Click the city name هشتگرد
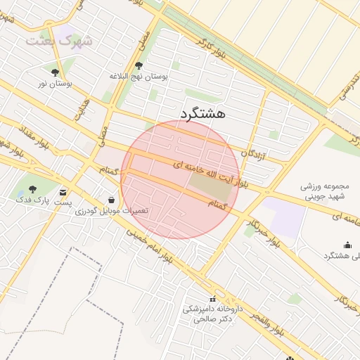pyautogui.click(x=202, y=113)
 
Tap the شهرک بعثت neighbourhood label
pyautogui.click(x=59, y=41)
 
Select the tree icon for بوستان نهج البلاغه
pyautogui.click(x=138, y=65)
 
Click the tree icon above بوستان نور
pyautogui.click(x=56, y=72)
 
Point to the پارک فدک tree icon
pyautogui.click(x=32, y=189)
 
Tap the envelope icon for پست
pyautogui.click(x=64, y=192)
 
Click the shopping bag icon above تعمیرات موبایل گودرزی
pyautogui.click(x=112, y=200)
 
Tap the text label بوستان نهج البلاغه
pyautogui.click(x=139, y=76)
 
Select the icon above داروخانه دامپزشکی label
pyautogui.click(x=214, y=300)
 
